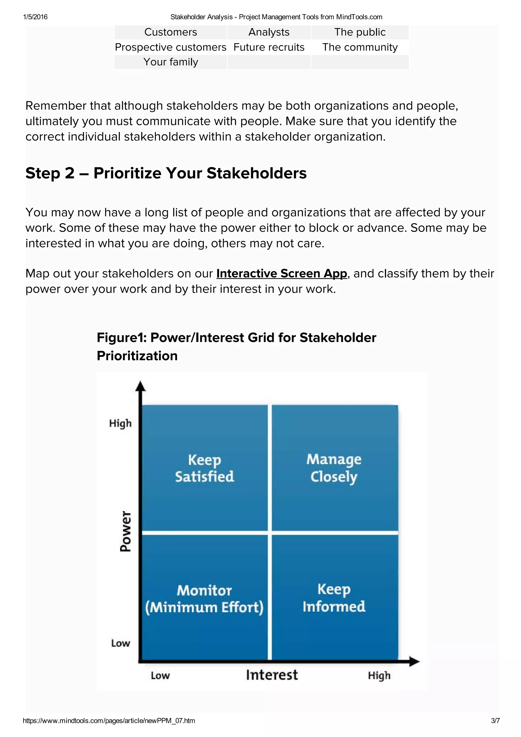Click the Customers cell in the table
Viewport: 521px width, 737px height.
[x=170, y=32]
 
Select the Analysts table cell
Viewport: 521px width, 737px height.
[x=269, y=32]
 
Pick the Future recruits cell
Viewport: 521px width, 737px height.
[x=269, y=47]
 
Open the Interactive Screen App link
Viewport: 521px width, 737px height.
[x=282, y=273]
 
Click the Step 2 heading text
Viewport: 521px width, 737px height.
[x=166, y=173]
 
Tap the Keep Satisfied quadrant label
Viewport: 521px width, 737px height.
[x=205, y=468]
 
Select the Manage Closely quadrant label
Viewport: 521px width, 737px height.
[x=334, y=468]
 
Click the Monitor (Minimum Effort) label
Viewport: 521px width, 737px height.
[x=204, y=599]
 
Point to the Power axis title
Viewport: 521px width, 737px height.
[x=125, y=531]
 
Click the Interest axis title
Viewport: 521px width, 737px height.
[x=272, y=675]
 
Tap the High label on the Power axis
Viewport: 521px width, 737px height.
[x=120, y=423]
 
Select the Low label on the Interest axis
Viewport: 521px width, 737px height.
[x=160, y=675]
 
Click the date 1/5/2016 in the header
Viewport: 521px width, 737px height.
[x=35, y=17]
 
